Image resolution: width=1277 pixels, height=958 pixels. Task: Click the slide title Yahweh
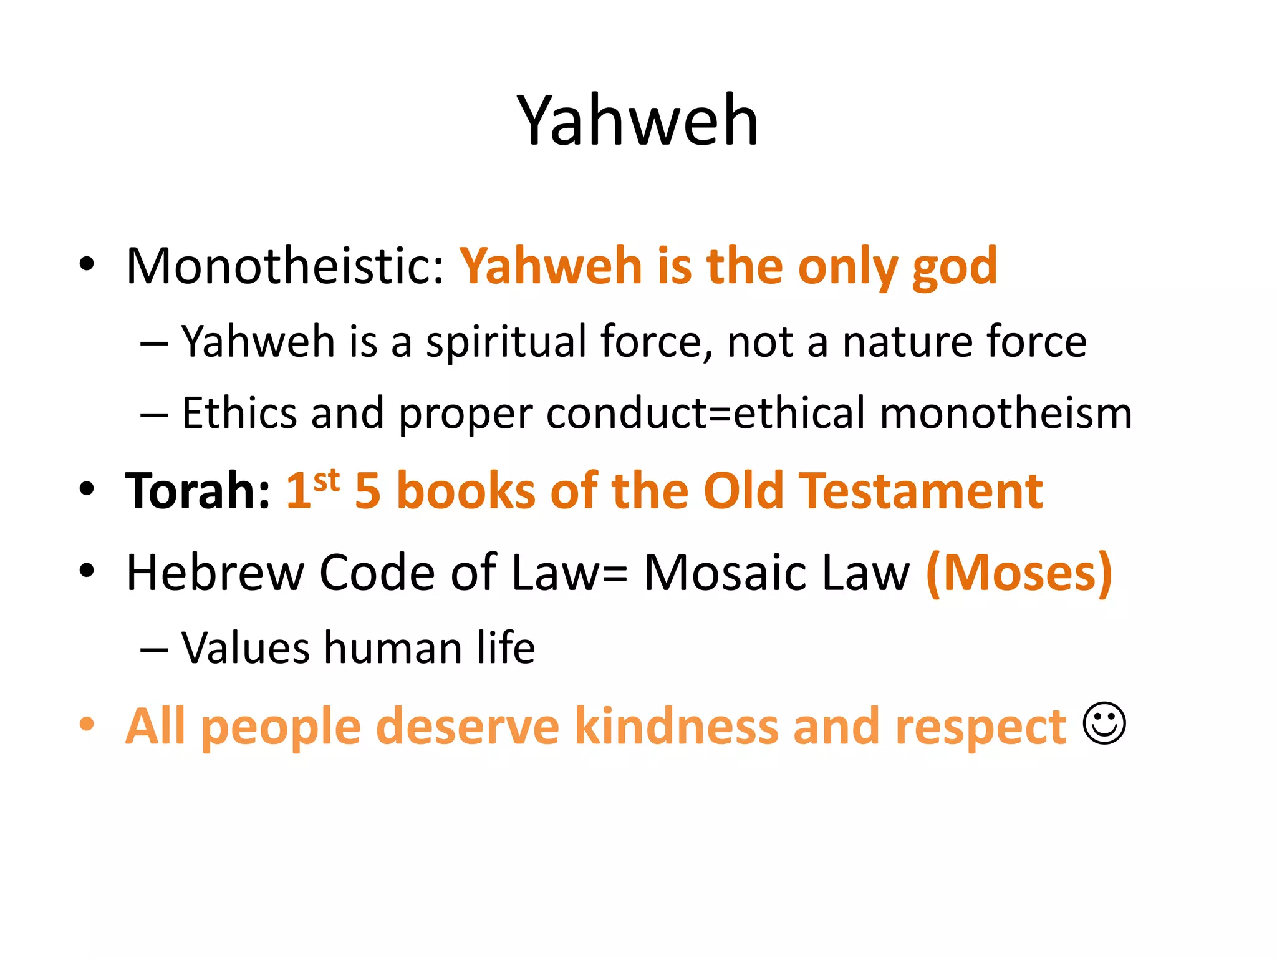coord(637,120)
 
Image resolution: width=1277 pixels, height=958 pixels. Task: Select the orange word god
coord(955,269)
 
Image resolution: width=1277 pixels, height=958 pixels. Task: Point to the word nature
coord(907,342)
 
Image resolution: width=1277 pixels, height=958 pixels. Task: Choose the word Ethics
coord(239,413)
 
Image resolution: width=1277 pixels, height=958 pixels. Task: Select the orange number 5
coord(367,491)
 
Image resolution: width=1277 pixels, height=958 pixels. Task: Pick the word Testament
coord(921,491)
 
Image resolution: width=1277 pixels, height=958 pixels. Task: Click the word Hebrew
coord(214,573)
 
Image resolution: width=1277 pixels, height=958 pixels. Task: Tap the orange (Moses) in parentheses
coord(1019,573)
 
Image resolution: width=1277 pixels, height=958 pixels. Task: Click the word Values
coord(245,648)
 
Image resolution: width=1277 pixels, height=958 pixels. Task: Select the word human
coord(393,648)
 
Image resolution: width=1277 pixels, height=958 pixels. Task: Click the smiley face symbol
coord(1104,723)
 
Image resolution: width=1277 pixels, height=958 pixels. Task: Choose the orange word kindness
coord(677,727)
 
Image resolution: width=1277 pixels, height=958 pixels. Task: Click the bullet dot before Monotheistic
coord(87,264)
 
